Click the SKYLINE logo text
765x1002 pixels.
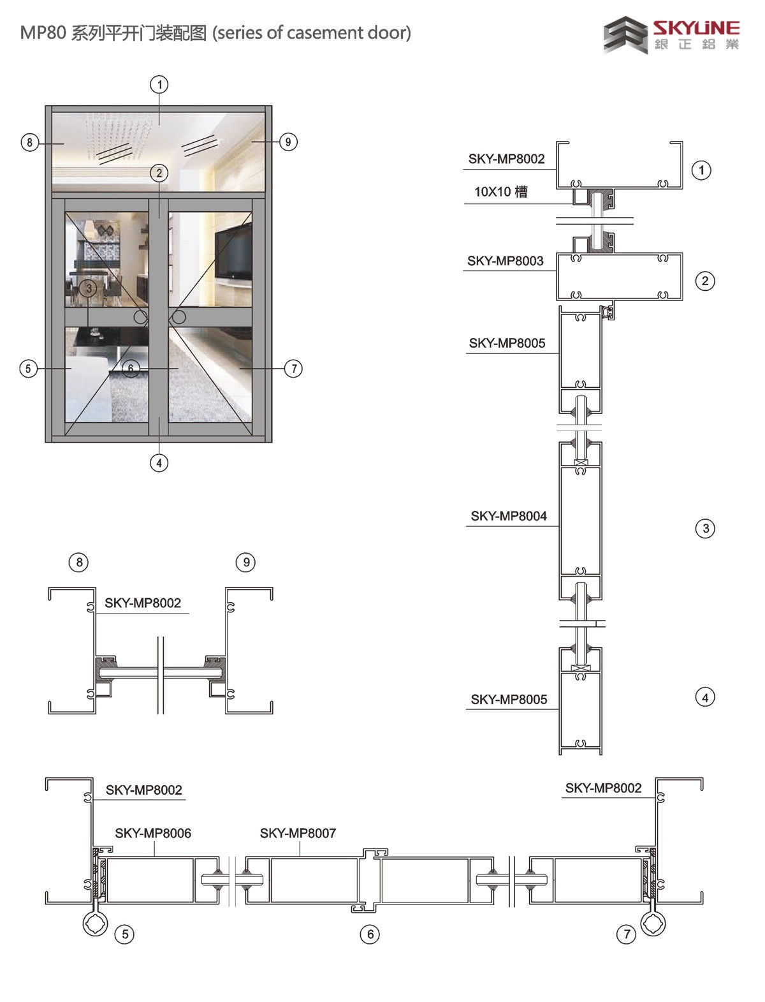coord(696,28)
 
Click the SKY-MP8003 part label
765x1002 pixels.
coord(505,261)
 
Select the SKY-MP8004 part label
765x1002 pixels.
coord(509,516)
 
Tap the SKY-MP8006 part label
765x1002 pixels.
coord(153,833)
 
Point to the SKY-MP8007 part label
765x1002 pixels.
coord(298,833)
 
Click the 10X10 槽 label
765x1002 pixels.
coord(501,192)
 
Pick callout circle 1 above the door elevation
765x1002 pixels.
coord(159,84)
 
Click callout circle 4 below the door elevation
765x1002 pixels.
coord(159,463)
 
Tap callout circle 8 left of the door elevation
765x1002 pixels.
coord(30,142)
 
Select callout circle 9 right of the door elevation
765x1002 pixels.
coord(288,142)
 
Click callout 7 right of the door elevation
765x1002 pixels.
coord(294,369)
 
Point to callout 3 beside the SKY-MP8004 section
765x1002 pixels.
coord(705,529)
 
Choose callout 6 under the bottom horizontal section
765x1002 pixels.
coord(370,934)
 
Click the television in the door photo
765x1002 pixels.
coord(233,253)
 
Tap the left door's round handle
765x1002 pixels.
coord(140,317)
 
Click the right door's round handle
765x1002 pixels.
coord(179,317)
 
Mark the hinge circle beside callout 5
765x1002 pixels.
coord(96,924)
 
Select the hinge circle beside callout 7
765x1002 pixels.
coord(653,924)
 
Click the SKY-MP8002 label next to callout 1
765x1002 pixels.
coord(506,159)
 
